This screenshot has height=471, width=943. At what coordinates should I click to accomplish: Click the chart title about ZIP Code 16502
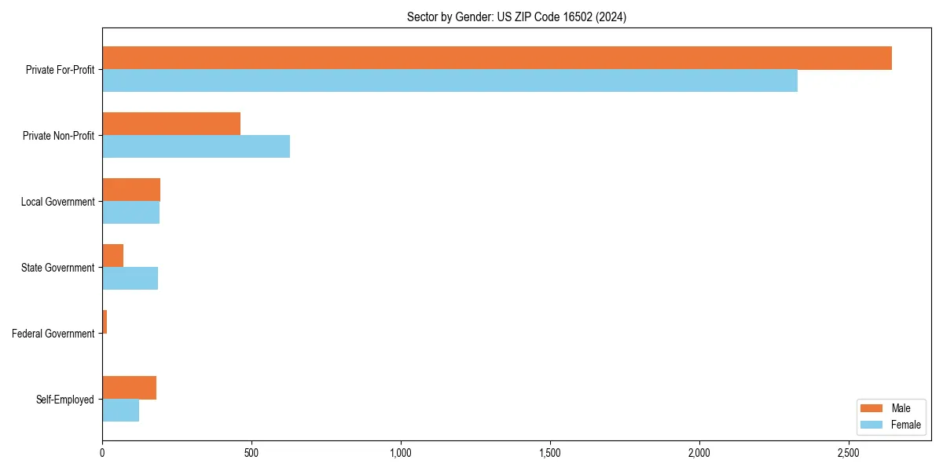516,16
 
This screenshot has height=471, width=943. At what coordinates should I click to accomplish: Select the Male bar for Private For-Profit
497,58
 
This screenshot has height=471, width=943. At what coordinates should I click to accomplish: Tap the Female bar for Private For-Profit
449,81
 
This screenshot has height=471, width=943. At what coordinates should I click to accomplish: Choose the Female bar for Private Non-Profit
196,147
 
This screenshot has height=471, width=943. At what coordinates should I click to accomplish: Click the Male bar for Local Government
131,190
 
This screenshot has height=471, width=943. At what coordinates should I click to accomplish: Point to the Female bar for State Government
130,279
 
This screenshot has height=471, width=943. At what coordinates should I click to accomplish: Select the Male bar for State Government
112,256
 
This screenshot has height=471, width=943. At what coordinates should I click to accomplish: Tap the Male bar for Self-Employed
129,388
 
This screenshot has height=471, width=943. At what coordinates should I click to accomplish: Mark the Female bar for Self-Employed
120,411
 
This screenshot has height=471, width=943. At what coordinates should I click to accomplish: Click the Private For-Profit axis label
60,70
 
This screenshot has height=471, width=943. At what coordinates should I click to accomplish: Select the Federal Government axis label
53,334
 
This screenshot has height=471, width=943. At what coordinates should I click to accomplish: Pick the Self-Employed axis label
65,400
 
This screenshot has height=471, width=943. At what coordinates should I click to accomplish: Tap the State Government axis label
58,268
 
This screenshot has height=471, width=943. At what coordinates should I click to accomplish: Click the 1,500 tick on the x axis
550,454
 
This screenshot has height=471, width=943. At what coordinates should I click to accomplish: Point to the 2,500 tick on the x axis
849,454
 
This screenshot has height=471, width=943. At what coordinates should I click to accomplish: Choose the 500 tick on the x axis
251,454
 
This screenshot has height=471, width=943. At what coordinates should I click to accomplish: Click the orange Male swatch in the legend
872,408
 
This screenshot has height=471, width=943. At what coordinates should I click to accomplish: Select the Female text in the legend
906,425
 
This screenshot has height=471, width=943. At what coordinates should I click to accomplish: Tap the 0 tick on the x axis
102,454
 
